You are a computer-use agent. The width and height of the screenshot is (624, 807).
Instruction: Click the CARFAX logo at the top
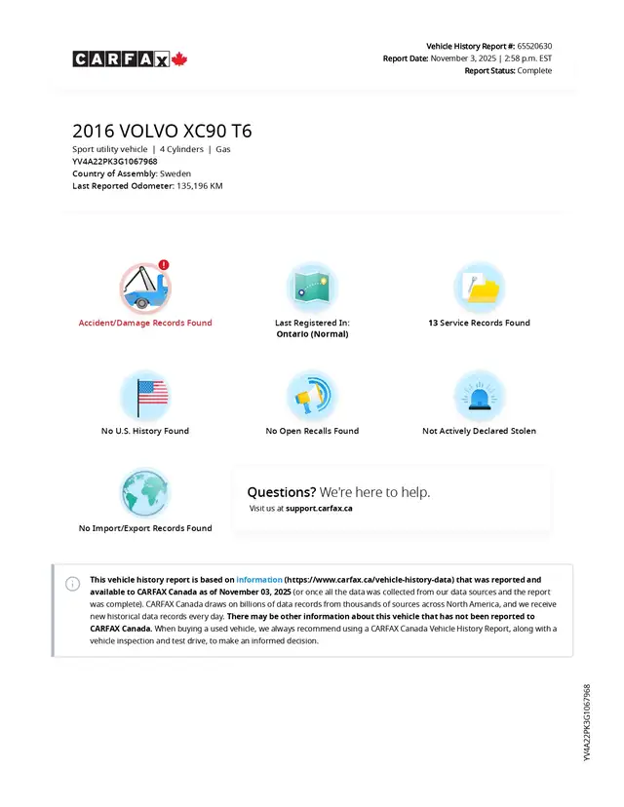[121, 59]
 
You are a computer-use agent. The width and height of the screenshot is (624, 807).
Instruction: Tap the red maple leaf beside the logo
[179, 59]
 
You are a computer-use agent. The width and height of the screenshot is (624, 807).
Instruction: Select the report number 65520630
[534, 46]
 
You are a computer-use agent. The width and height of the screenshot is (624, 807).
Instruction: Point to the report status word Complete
[534, 70]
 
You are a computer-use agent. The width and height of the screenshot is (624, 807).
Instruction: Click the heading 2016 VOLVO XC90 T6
[162, 132]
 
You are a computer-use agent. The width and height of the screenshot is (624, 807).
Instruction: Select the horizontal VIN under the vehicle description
[115, 161]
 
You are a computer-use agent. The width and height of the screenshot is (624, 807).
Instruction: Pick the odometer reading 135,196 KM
[200, 185]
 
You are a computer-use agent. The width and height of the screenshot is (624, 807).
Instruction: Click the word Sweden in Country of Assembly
[175, 173]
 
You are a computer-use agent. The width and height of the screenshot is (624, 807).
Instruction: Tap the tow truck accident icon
[144, 288]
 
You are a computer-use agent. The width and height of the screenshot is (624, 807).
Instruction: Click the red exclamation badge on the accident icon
[164, 264]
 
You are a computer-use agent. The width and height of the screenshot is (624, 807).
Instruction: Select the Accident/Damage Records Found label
[145, 323]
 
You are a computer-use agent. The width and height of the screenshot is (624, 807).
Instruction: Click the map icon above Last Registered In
[312, 288]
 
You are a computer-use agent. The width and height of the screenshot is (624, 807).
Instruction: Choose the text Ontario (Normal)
[312, 334]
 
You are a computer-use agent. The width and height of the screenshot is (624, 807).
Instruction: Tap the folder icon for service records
[479, 288]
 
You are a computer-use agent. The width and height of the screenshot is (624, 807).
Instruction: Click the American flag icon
[145, 395]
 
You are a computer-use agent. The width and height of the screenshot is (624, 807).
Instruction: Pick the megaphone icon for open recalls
[312, 395]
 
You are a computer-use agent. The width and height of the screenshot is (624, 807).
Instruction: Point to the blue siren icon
[479, 395]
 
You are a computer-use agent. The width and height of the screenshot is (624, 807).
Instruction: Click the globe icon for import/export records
[145, 493]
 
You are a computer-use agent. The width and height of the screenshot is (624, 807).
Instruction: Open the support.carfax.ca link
[319, 508]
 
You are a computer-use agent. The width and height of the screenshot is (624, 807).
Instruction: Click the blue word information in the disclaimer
[259, 580]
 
